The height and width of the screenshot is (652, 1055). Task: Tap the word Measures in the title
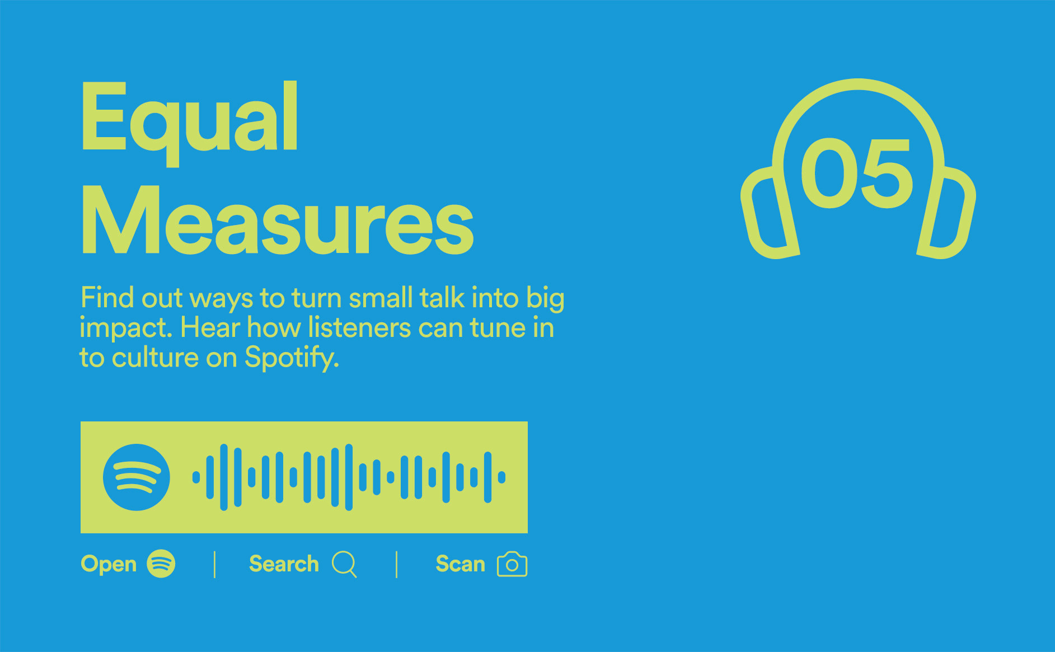(278, 221)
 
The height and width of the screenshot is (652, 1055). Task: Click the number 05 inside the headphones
(857, 173)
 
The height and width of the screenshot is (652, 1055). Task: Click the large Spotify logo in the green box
(136, 477)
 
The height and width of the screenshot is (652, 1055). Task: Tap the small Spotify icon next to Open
(161, 564)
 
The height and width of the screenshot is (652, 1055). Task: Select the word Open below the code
(109, 565)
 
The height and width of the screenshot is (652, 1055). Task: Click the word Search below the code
(284, 564)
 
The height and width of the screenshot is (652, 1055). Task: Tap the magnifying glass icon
(344, 564)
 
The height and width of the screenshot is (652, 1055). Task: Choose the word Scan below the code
(460, 564)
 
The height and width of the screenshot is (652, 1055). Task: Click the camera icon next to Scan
(512, 564)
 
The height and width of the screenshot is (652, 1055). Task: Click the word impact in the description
(126, 329)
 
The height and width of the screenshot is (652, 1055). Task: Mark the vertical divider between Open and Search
(214, 564)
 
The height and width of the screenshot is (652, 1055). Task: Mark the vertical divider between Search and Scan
(396, 564)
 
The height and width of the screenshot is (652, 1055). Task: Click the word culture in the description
(155, 358)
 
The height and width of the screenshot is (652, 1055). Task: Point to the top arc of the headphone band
(859, 84)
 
